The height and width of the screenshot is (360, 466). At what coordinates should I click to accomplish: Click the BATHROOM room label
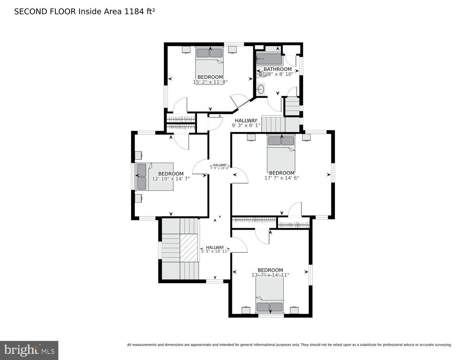point(277,69)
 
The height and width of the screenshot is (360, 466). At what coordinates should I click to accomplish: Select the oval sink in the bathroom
point(261,89)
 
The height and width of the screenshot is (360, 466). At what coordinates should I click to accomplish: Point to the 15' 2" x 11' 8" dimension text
point(210,82)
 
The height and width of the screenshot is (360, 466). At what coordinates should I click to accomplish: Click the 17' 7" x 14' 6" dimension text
point(282,178)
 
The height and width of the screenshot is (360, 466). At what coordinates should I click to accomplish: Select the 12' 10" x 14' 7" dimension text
point(171,179)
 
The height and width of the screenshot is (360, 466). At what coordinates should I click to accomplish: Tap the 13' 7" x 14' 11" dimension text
point(270,275)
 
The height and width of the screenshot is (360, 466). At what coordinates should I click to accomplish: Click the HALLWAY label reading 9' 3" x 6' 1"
point(246,123)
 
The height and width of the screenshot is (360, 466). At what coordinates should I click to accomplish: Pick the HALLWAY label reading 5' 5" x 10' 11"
point(215,249)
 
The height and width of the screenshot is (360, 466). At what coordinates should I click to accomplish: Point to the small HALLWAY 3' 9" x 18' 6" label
point(220,166)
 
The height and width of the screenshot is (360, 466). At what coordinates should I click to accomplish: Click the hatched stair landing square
point(189,248)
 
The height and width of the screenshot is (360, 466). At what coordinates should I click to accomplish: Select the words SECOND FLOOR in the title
point(45,12)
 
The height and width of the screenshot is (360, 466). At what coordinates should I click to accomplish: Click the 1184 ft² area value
point(140,12)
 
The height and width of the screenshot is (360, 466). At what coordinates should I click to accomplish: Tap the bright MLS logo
point(29,350)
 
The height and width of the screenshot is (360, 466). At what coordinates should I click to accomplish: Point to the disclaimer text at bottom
point(289,345)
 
